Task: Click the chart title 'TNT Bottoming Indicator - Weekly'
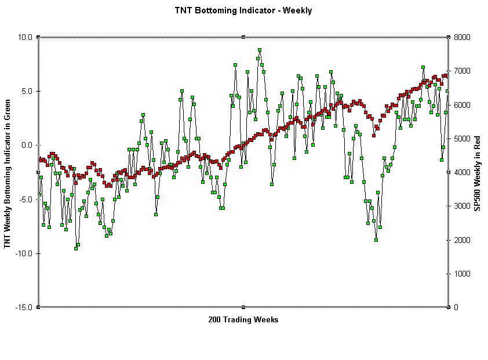243,10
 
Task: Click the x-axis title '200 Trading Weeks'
243,320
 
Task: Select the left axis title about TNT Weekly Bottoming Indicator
8,172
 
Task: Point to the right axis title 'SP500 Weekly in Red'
478,172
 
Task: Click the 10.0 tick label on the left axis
25,37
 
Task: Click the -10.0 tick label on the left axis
24,253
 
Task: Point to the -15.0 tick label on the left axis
24,307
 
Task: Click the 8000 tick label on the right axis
462,37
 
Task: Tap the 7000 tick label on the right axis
462,71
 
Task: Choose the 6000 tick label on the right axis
462,105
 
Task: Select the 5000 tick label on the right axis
462,139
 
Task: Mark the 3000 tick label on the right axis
462,206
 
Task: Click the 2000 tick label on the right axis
462,240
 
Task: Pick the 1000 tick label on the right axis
462,274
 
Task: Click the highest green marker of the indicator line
260,50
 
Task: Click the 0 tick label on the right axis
456,307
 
